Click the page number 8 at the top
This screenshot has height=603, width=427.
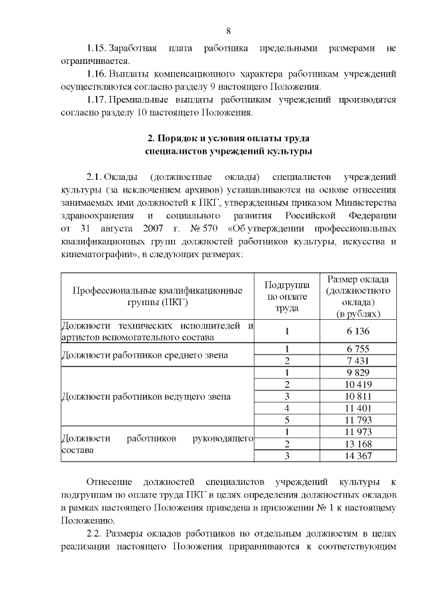(x=228, y=31)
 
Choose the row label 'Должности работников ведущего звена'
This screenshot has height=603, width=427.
(x=145, y=396)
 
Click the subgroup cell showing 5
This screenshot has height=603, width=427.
(x=286, y=420)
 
